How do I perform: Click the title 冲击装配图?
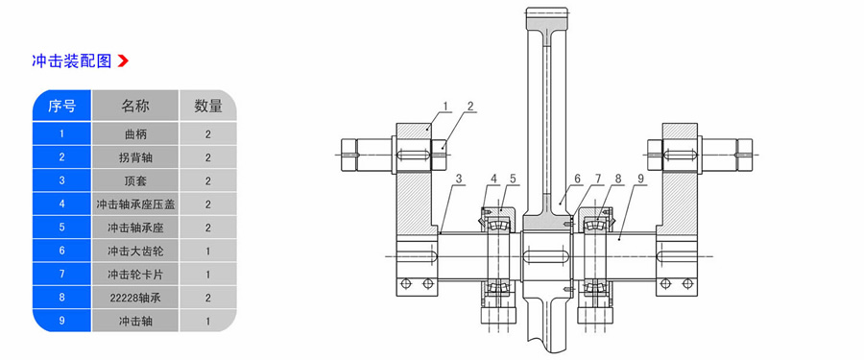point(72,60)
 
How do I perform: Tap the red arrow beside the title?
point(123,60)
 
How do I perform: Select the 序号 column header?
point(61,106)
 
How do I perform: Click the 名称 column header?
point(135,106)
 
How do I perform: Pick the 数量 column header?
point(208,106)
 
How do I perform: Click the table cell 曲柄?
point(135,134)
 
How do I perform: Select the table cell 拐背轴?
point(135,157)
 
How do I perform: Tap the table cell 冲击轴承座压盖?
point(135,204)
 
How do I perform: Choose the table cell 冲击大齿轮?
point(135,252)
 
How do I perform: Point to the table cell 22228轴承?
point(135,298)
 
